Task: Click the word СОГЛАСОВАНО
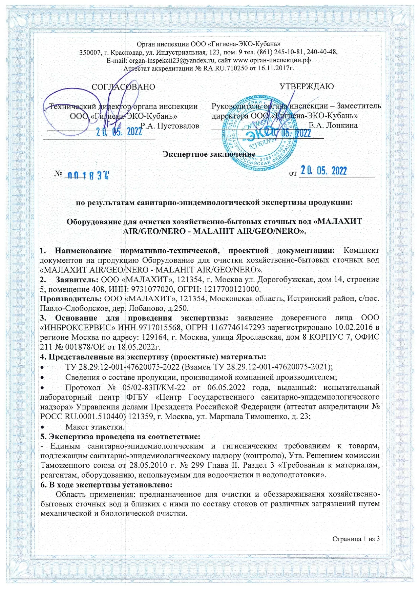(x=123, y=87)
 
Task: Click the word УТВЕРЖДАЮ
(x=307, y=86)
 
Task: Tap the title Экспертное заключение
(x=209, y=154)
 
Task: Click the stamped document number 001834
(x=88, y=175)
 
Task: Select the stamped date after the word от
(x=324, y=171)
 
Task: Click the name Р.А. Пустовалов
(x=170, y=126)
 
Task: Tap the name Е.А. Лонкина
(x=333, y=125)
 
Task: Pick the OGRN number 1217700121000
(x=230, y=289)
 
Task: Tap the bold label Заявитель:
(x=77, y=280)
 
